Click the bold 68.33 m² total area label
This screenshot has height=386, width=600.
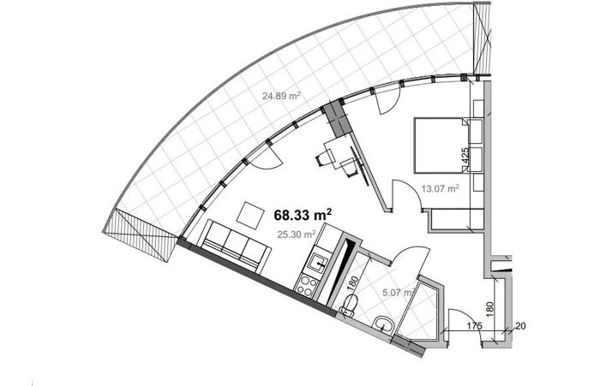(x=303, y=215)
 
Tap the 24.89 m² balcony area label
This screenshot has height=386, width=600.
(x=281, y=96)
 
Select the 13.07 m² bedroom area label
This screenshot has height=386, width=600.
(x=440, y=188)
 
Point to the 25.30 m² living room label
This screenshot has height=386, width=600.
(x=297, y=234)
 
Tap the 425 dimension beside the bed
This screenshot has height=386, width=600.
(x=465, y=156)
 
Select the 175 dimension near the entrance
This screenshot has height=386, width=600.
(x=474, y=326)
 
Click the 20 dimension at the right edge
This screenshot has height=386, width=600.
(x=521, y=326)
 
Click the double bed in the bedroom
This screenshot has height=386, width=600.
(x=441, y=145)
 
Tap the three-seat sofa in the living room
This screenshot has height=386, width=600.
(x=233, y=246)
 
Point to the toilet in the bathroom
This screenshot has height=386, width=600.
(x=350, y=306)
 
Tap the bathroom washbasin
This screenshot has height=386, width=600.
(x=382, y=325)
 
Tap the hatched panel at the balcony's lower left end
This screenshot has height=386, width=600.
(x=140, y=236)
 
